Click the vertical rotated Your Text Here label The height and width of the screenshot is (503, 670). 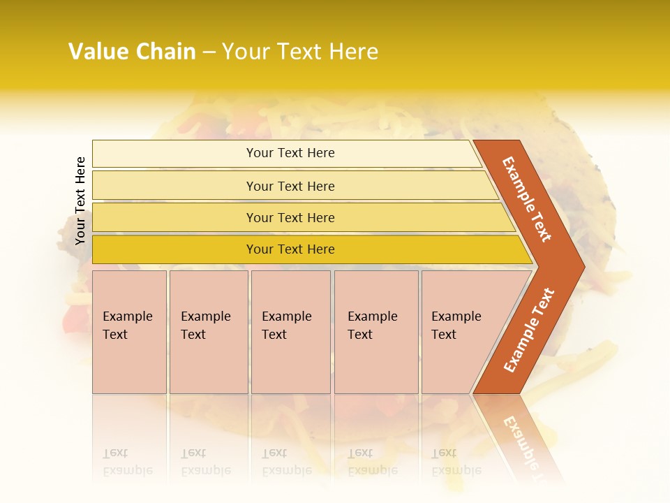click(x=80, y=201)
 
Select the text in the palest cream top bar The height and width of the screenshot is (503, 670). click(x=290, y=153)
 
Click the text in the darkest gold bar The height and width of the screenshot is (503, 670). click(x=290, y=249)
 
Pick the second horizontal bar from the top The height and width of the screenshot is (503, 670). click(x=290, y=186)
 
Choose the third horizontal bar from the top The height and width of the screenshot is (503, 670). click(x=290, y=217)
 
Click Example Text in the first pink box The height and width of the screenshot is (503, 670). click(x=127, y=326)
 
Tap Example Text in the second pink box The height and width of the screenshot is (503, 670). click(x=205, y=326)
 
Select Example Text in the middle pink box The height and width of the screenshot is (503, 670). click(x=286, y=326)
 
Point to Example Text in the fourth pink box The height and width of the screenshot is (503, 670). click(x=372, y=326)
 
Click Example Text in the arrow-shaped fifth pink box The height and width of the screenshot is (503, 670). click(x=456, y=326)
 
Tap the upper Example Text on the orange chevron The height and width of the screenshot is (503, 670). click(x=528, y=199)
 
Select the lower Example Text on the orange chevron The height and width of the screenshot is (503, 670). click(x=529, y=330)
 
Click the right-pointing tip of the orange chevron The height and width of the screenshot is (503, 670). click(x=581, y=265)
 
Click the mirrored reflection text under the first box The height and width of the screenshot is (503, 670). click(x=127, y=462)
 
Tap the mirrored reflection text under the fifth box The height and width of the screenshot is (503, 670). click(x=456, y=462)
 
